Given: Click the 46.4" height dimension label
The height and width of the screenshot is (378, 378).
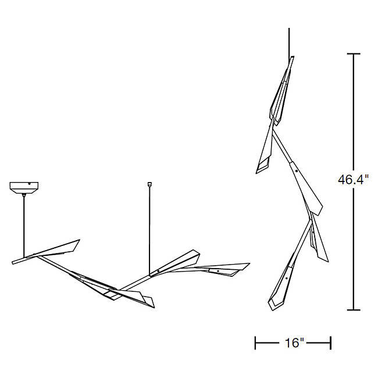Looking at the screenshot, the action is [353, 180].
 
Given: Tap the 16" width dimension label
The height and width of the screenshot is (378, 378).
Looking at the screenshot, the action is [294, 343].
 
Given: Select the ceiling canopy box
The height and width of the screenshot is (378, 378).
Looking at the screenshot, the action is [24, 188].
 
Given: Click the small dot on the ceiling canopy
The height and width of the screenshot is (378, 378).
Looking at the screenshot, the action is [29, 184].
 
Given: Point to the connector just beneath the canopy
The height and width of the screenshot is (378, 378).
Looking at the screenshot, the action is [24, 195].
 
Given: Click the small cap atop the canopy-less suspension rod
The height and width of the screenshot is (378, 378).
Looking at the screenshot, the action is [149, 184].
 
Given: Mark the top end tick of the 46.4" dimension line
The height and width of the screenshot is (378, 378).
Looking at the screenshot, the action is [354, 54].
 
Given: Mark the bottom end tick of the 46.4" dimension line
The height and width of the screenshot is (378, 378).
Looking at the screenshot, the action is [354, 310].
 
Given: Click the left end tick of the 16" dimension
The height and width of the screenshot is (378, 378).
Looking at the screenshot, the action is [255, 343].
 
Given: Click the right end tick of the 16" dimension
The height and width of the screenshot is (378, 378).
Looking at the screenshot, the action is [330, 343].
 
